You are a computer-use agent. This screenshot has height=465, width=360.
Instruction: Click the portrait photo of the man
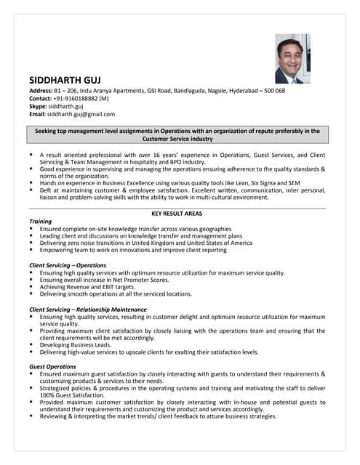(293, 59)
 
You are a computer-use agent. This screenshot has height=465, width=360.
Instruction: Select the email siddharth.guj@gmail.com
(81, 114)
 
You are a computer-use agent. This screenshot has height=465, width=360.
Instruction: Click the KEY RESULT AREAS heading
(177, 214)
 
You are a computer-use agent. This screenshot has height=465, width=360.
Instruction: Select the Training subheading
(41, 221)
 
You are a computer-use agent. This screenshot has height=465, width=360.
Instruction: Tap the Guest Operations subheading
(52, 366)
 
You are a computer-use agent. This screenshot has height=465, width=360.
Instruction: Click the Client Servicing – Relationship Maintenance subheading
(87, 310)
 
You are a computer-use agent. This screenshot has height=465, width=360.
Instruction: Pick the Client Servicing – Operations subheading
(68, 265)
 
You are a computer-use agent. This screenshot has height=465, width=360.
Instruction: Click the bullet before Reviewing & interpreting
(31, 416)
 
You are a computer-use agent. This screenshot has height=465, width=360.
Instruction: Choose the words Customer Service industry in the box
(177, 138)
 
